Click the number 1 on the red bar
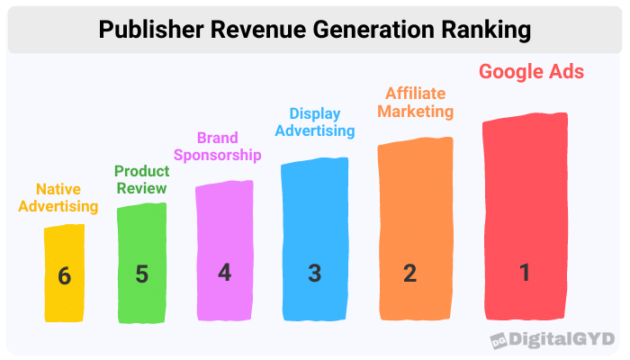526,272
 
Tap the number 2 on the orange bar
410,273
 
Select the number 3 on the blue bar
314,273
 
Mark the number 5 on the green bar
141,274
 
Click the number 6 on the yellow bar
64,275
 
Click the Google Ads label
531,72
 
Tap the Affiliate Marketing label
415,102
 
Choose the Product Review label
140,179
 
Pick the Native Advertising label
67,198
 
